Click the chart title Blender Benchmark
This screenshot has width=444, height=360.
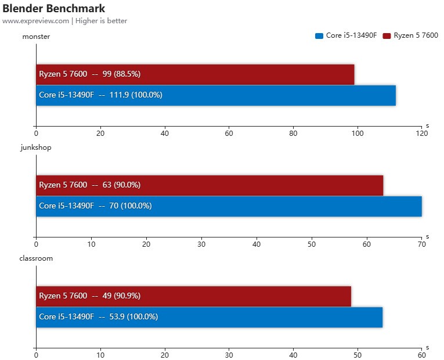53,9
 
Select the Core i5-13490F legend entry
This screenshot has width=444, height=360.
347,35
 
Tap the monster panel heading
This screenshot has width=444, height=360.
35,37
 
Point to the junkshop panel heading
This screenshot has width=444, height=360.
36,147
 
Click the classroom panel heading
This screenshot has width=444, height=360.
37,258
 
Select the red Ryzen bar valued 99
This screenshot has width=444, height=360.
195,74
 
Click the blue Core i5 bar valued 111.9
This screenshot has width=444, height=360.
216,95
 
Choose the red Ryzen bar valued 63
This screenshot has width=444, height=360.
210,185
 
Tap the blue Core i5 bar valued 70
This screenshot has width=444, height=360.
229,206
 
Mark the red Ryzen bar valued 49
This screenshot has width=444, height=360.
193,296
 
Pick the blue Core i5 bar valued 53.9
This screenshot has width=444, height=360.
209,317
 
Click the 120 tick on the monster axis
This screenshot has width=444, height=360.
422,134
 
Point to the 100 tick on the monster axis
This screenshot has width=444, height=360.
358,134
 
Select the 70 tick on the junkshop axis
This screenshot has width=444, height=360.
422,244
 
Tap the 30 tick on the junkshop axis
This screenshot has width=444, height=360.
201,244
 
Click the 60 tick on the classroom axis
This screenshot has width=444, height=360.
422,355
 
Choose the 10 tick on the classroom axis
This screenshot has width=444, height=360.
100,355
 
